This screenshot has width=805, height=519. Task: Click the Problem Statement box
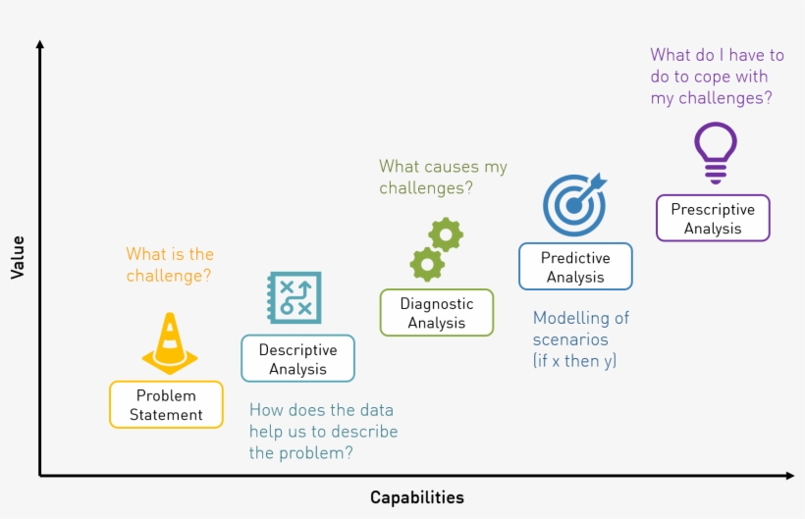coord(166,404)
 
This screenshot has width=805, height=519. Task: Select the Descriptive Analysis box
coord(297,359)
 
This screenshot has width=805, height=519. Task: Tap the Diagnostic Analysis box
coord(437,313)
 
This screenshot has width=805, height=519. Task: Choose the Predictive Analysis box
coord(575,267)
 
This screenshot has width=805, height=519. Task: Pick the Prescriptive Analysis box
coord(713,218)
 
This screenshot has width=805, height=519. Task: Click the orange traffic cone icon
coord(170,343)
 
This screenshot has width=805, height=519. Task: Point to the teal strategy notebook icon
coord(294,297)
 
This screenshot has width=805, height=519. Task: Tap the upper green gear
coord(447,234)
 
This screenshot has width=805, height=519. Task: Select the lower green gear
coord(427,264)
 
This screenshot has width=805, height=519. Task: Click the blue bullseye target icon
coord(575,204)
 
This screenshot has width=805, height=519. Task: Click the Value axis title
coord(17,256)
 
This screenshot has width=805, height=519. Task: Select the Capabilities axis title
coord(417,497)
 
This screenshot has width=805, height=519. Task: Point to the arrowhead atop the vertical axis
coord(39,44)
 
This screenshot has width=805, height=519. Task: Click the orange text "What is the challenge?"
coord(169,265)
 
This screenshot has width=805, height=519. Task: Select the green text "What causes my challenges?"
coord(443,177)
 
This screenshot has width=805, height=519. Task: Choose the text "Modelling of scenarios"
coord(580,329)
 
